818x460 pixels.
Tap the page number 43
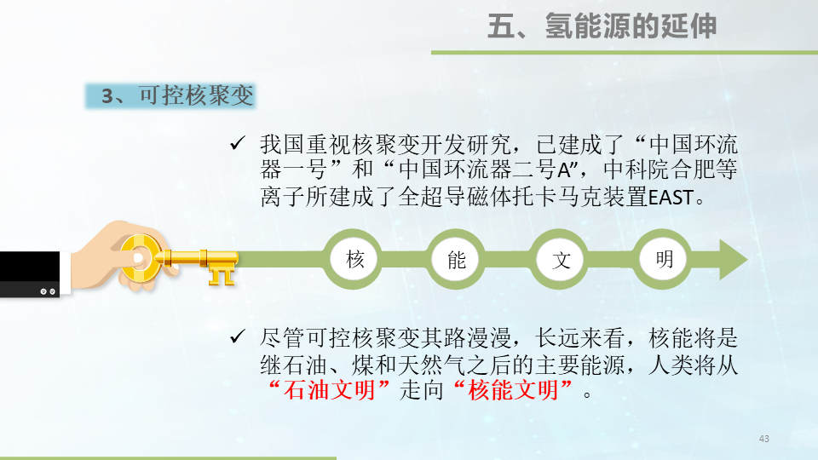pos(763,438)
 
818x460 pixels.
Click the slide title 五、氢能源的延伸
pos(602,26)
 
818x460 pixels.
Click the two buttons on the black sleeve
pos(48,290)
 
